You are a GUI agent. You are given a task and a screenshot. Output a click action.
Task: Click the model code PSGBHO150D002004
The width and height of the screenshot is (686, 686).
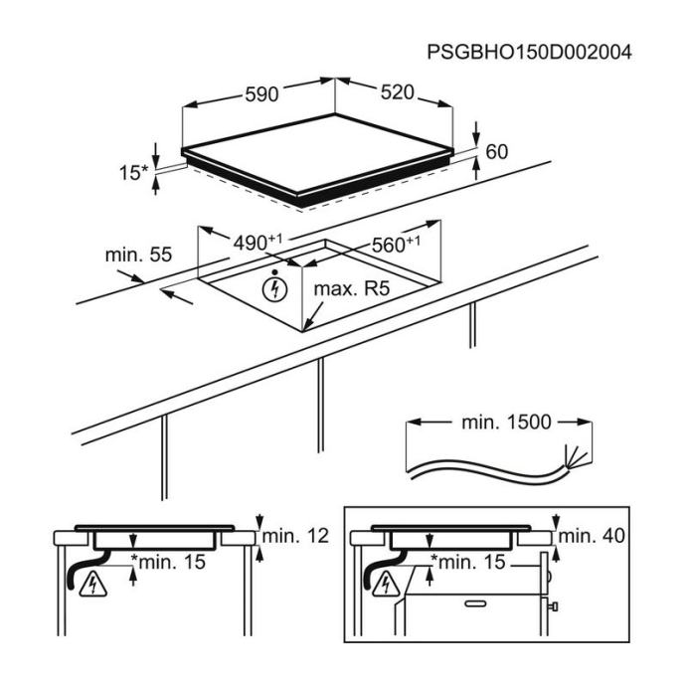[529, 52]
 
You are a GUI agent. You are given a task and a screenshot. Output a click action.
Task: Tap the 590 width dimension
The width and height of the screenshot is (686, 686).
[261, 94]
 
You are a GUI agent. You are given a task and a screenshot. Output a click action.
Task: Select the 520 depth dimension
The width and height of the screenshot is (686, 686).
[398, 92]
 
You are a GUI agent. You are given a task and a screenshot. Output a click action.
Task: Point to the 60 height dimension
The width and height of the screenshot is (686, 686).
[497, 152]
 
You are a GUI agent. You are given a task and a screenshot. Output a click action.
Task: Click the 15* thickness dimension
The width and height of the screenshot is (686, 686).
[134, 173]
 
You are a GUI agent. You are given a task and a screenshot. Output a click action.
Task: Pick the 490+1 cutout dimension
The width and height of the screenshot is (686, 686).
[257, 242]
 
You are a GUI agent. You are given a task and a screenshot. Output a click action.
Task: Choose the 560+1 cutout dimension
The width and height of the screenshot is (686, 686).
[396, 245]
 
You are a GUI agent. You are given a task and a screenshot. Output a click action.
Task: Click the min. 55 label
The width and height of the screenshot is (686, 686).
[138, 255]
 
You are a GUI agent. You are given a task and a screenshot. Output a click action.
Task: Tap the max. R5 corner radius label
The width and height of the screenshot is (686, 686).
[352, 288]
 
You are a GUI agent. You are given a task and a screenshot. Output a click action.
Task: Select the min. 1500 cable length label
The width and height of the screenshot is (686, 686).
[506, 423]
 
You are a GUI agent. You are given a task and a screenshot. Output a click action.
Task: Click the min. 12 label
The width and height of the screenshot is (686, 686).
[295, 536]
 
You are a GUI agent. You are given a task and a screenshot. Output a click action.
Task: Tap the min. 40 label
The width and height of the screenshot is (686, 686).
[592, 536]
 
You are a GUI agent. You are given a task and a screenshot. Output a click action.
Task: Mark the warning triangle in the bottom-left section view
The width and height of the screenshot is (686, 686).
[93, 585]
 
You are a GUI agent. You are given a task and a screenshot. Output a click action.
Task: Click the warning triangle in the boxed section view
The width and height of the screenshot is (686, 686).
[387, 585]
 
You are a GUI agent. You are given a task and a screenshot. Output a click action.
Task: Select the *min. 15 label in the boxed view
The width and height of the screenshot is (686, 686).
[468, 562]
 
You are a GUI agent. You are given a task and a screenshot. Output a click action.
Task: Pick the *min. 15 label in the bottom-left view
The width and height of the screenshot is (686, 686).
[168, 562]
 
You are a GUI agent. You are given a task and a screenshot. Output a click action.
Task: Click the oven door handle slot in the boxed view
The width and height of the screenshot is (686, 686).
[475, 603]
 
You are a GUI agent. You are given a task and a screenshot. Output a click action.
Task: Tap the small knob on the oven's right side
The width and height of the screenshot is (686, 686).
[554, 606]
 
